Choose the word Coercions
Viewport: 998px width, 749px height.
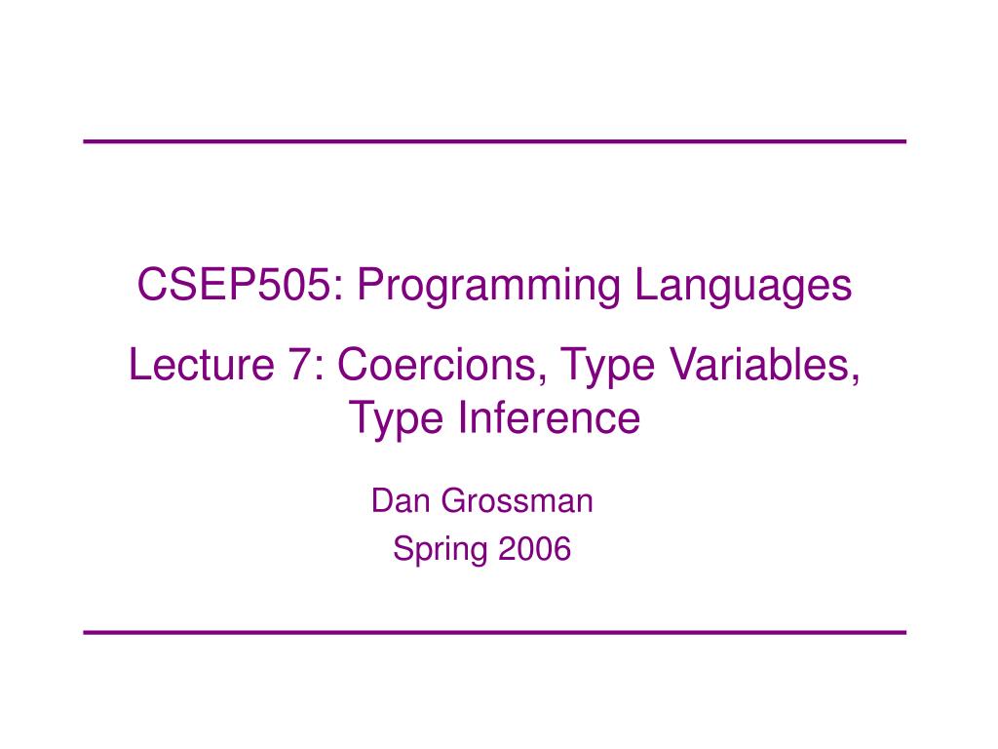pos(433,367)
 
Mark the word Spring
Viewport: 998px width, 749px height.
pos(440,551)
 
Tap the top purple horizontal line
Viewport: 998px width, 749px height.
pos(494,141)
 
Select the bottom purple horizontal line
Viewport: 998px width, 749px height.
pos(494,632)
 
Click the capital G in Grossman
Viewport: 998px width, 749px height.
pos(452,501)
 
